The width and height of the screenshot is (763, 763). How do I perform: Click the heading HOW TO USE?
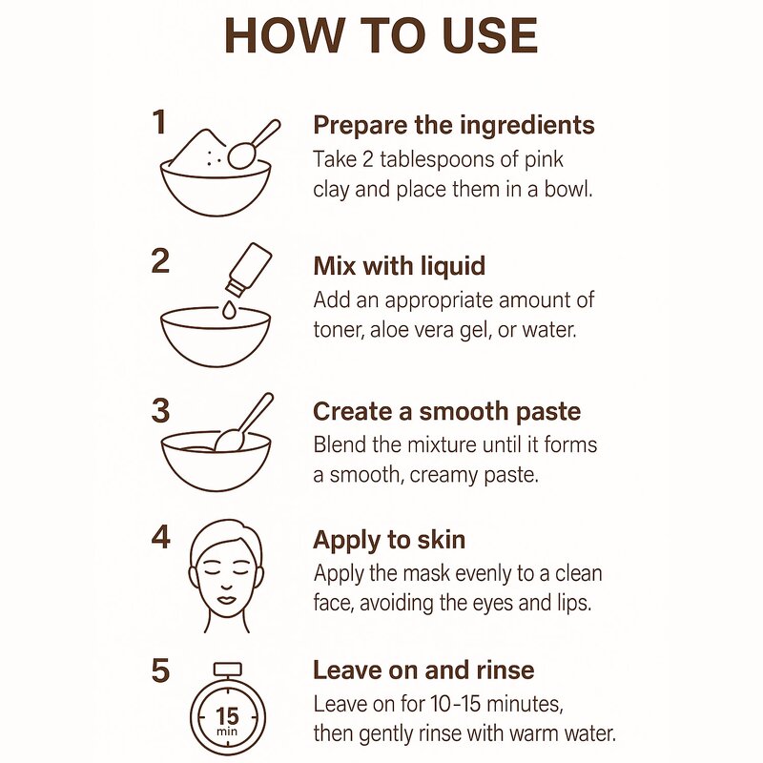[381, 36]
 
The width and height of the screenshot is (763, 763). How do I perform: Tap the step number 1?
[159, 122]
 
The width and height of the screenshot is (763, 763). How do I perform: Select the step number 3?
[160, 411]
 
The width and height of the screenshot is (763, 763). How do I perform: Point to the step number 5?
[160, 670]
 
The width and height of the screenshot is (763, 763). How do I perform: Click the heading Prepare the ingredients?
[454, 125]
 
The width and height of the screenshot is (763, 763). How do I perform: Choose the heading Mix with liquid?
[399, 266]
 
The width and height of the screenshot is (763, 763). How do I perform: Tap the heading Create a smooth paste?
[446, 412]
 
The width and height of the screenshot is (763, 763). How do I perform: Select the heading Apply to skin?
[389, 540]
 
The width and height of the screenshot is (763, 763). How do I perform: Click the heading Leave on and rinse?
[423, 670]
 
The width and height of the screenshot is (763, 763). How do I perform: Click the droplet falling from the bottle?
[228, 309]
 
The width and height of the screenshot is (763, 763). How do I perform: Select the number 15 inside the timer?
[227, 716]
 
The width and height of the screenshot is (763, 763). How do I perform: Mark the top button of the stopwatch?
[228, 670]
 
